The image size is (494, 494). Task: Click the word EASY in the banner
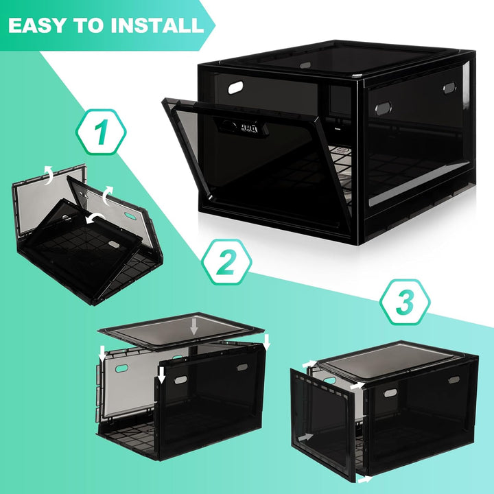(43, 26)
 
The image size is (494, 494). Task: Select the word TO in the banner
(91, 26)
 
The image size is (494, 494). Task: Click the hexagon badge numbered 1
(101, 130)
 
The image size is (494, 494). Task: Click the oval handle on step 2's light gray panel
(121, 368)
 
